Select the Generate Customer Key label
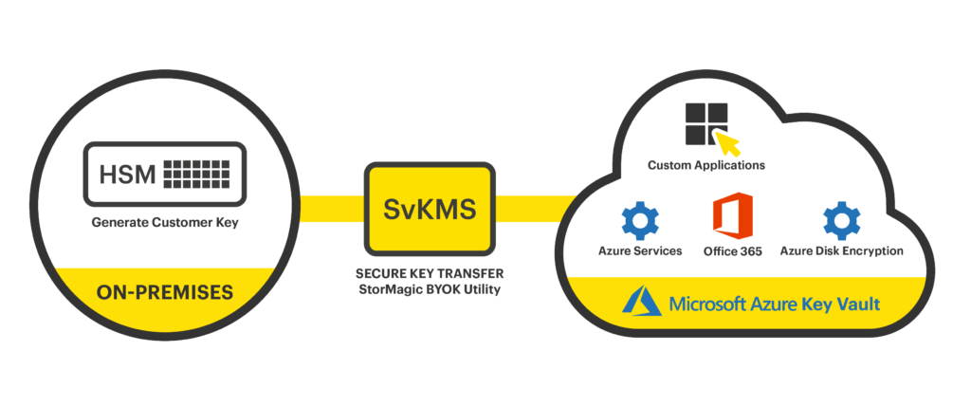tap(164, 225)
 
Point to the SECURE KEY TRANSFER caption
tap(430, 272)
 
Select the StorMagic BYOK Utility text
tap(430, 289)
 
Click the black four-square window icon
tap(705, 124)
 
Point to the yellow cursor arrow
tap(728, 144)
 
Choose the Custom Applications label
tap(706, 165)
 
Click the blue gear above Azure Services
tap(640, 220)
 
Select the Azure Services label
tap(640, 251)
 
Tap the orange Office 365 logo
tap(732, 219)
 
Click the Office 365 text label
tap(733, 251)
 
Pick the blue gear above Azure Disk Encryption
tap(841, 220)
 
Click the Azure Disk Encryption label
tap(841, 251)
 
